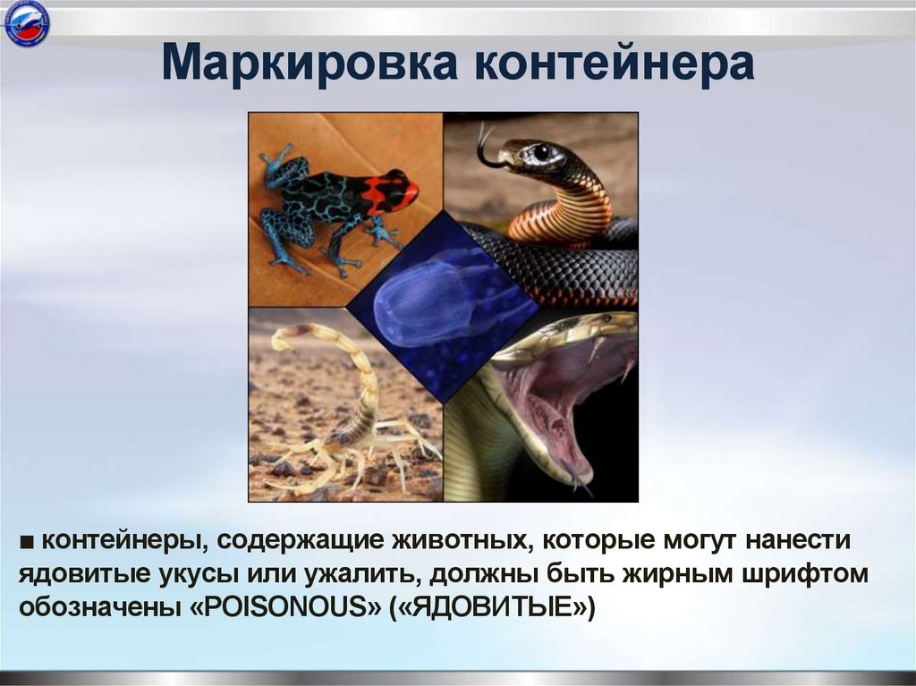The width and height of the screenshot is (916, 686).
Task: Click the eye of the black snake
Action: point(540,153)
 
